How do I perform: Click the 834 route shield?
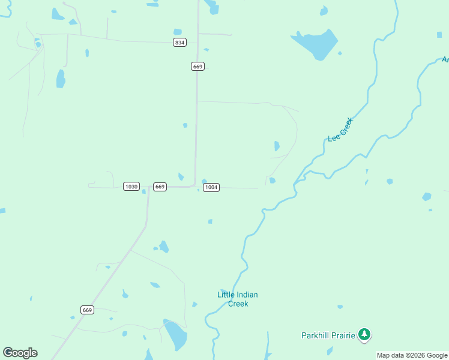click(179, 42)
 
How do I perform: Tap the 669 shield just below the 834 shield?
click(198, 66)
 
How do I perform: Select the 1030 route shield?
click(131, 187)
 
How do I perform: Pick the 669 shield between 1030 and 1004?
click(160, 187)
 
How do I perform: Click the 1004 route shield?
click(211, 187)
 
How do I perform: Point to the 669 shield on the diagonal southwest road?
click(87, 310)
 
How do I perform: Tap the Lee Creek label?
click(341, 130)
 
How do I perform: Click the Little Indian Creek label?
click(237, 299)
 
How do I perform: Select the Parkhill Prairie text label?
click(328, 335)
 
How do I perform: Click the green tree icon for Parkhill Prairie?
click(364, 334)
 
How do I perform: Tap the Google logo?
click(20, 353)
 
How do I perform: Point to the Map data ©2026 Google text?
click(412, 355)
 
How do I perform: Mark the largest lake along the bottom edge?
click(175, 335)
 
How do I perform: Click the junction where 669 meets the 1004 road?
click(194, 186)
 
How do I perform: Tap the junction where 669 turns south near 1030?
click(149, 188)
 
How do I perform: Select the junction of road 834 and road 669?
click(197, 43)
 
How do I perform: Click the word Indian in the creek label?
click(246, 295)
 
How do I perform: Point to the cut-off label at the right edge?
click(445, 59)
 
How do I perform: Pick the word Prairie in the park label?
click(342, 335)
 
